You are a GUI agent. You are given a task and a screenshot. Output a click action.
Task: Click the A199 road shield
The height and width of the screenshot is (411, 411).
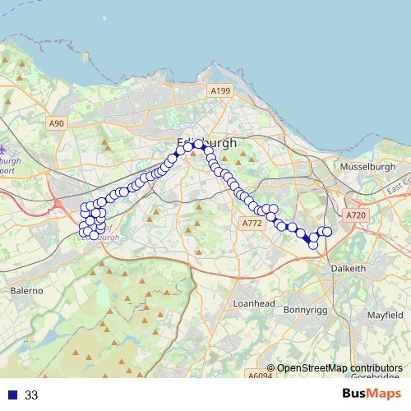[219, 90]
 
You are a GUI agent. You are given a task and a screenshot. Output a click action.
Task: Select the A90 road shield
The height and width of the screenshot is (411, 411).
[56, 123]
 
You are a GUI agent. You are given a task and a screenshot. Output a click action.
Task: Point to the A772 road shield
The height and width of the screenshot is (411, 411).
[252, 223]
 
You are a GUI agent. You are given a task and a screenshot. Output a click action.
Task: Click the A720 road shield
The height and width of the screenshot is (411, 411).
[355, 215]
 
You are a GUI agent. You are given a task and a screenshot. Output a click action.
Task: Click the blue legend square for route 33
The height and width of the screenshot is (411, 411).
[12, 395]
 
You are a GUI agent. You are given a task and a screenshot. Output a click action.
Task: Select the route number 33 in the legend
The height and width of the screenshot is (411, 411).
[31, 395]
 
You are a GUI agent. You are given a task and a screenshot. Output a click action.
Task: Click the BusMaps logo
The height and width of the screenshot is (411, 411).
[372, 394]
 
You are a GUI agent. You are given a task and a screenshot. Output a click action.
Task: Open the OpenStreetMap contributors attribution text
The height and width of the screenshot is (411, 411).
[339, 368]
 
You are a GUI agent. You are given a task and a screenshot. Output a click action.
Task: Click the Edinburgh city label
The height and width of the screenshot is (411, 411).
[206, 142]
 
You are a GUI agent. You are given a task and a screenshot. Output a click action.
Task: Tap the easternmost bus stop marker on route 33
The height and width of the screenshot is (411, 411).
[327, 232]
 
